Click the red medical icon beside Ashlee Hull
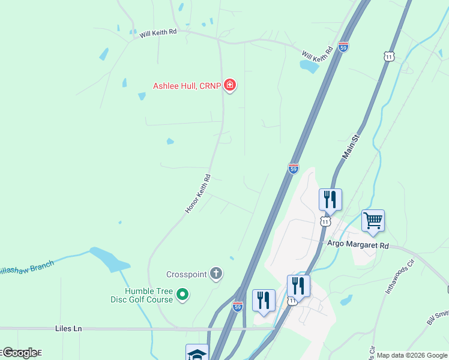click(x=229, y=86)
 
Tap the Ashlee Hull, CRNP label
click(x=187, y=86)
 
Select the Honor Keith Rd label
click(x=198, y=194)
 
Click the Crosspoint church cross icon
click(x=216, y=274)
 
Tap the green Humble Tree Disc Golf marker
click(x=184, y=294)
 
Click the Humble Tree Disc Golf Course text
click(x=141, y=295)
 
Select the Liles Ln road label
click(x=68, y=329)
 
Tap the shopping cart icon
click(x=373, y=221)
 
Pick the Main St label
click(x=350, y=147)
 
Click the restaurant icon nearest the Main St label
click(x=330, y=199)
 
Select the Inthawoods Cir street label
click(x=400, y=276)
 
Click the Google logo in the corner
click(x=20, y=353)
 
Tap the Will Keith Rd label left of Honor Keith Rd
click(x=158, y=34)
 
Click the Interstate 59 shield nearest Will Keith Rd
click(x=343, y=47)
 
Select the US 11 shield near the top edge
click(x=390, y=56)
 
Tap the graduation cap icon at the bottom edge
click(x=197, y=354)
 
